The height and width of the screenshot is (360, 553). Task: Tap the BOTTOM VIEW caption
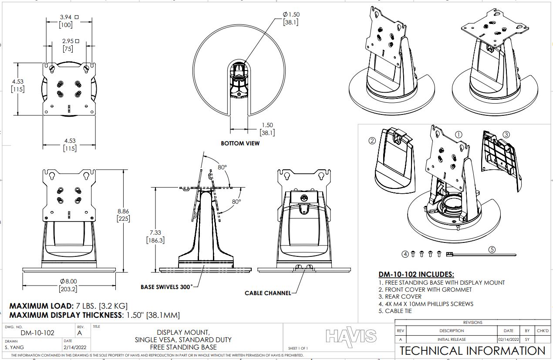(x=240, y=143)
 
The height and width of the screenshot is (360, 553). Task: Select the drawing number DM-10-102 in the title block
(x=37, y=333)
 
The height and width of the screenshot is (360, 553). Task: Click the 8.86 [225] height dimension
(x=123, y=215)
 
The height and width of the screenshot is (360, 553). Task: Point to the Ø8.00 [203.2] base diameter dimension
(x=68, y=285)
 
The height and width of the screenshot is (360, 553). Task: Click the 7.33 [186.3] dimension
(x=155, y=236)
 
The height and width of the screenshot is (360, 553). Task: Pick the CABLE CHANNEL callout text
(x=268, y=293)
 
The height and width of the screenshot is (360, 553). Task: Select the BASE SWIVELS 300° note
(x=167, y=287)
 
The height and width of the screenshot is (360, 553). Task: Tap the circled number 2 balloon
(x=372, y=141)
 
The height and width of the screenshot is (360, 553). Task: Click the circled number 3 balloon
(x=506, y=135)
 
